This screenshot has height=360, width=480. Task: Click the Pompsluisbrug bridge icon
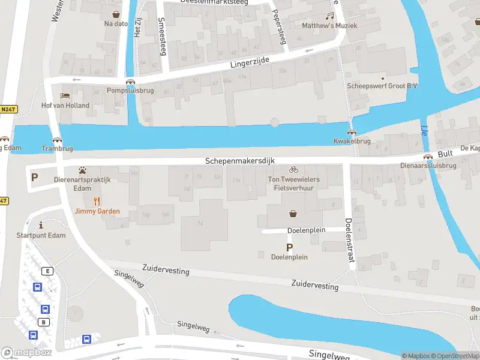pyautogui.click(x=130, y=82)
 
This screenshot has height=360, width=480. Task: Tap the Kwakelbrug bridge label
pyautogui.click(x=352, y=142)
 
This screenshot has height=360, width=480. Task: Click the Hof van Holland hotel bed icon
pyautogui.click(x=65, y=96)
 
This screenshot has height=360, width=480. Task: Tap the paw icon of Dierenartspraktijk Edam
pyautogui.click(x=82, y=170)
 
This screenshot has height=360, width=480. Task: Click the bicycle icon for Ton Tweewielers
pyautogui.click(x=293, y=170)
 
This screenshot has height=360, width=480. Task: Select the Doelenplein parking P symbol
pyautogui.click(x=289, y=247)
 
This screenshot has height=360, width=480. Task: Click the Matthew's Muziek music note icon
pyautogui.click(x=329, y=16)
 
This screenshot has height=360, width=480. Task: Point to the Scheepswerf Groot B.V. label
pyautogui.click(x=383, y=86)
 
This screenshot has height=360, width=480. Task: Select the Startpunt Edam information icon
pyautogui.click(x=41, y=225)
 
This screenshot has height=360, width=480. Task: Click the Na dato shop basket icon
pyautogui.click(x=116, y=13)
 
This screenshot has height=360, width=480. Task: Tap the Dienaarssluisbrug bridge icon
pyautogui.click(x=428, y=157)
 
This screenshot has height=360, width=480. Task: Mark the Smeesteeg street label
pyautogui.click(x=161, y=37)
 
